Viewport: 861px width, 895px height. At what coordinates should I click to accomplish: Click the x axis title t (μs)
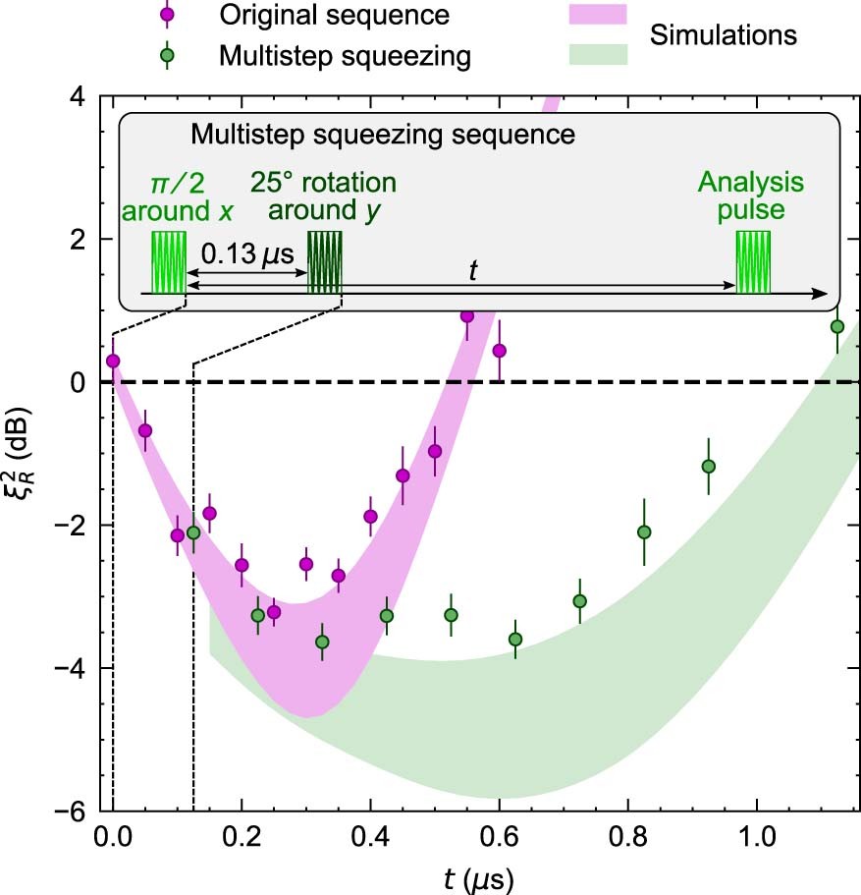(x=481, y=874)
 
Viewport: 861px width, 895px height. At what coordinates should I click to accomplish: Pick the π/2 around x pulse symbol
(x=168, y=262)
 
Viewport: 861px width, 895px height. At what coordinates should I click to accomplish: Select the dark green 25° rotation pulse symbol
(x=324, y=262)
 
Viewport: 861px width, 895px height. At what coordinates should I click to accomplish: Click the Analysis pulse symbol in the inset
(x=754, y=262)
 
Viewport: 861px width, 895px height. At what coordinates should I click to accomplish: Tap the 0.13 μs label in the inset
(x=246, y=253)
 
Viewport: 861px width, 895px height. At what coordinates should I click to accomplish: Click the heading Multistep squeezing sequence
(x=382, y=134)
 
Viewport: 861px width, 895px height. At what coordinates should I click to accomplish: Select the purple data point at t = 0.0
(x=113, y=361)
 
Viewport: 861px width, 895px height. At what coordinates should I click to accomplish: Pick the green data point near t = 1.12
(x=836, y=326)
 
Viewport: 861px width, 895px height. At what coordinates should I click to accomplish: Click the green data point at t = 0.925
(x=709, y=466)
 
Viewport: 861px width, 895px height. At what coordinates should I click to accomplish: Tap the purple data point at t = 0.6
(x=499, y=351)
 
